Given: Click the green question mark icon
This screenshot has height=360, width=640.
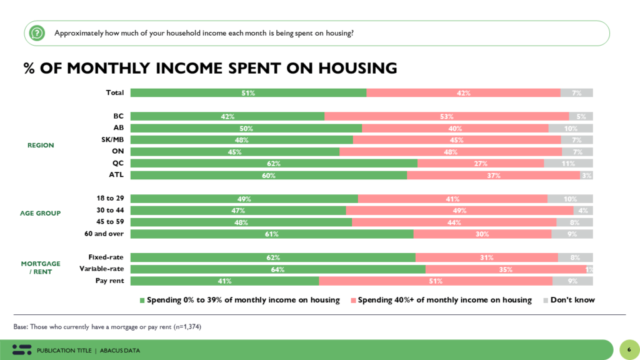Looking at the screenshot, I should (x=37, y=32).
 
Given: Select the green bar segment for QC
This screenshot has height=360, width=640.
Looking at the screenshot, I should (x=274, y=163).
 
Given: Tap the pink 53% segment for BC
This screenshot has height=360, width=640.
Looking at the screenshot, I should (x=446, y=116).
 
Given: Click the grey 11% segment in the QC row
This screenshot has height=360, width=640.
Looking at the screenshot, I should (x=568, y=163).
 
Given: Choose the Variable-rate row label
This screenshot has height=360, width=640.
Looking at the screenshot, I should (x=102, y=269).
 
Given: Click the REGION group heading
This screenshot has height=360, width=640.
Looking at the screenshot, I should (x=41, y=145).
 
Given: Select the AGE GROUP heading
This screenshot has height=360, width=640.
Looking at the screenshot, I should (x=40, y=213).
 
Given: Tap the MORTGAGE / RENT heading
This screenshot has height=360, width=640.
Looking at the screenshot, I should (x=41, y=267).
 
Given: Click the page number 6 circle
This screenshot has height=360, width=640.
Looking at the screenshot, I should (x=629, y=349).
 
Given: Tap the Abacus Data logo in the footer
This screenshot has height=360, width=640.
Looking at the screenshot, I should (x=22, y=350).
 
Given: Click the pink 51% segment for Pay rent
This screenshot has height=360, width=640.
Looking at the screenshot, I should (x=436, y=281).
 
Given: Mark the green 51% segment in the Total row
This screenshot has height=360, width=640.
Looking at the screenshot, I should (x=248, y=92).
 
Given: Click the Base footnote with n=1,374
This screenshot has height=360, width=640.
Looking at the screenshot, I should (x=107, y=327).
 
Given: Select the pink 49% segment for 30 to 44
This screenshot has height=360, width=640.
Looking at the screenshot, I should (x=459, y=211).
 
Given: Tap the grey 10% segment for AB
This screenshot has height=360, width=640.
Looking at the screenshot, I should (x=571, y=128).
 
